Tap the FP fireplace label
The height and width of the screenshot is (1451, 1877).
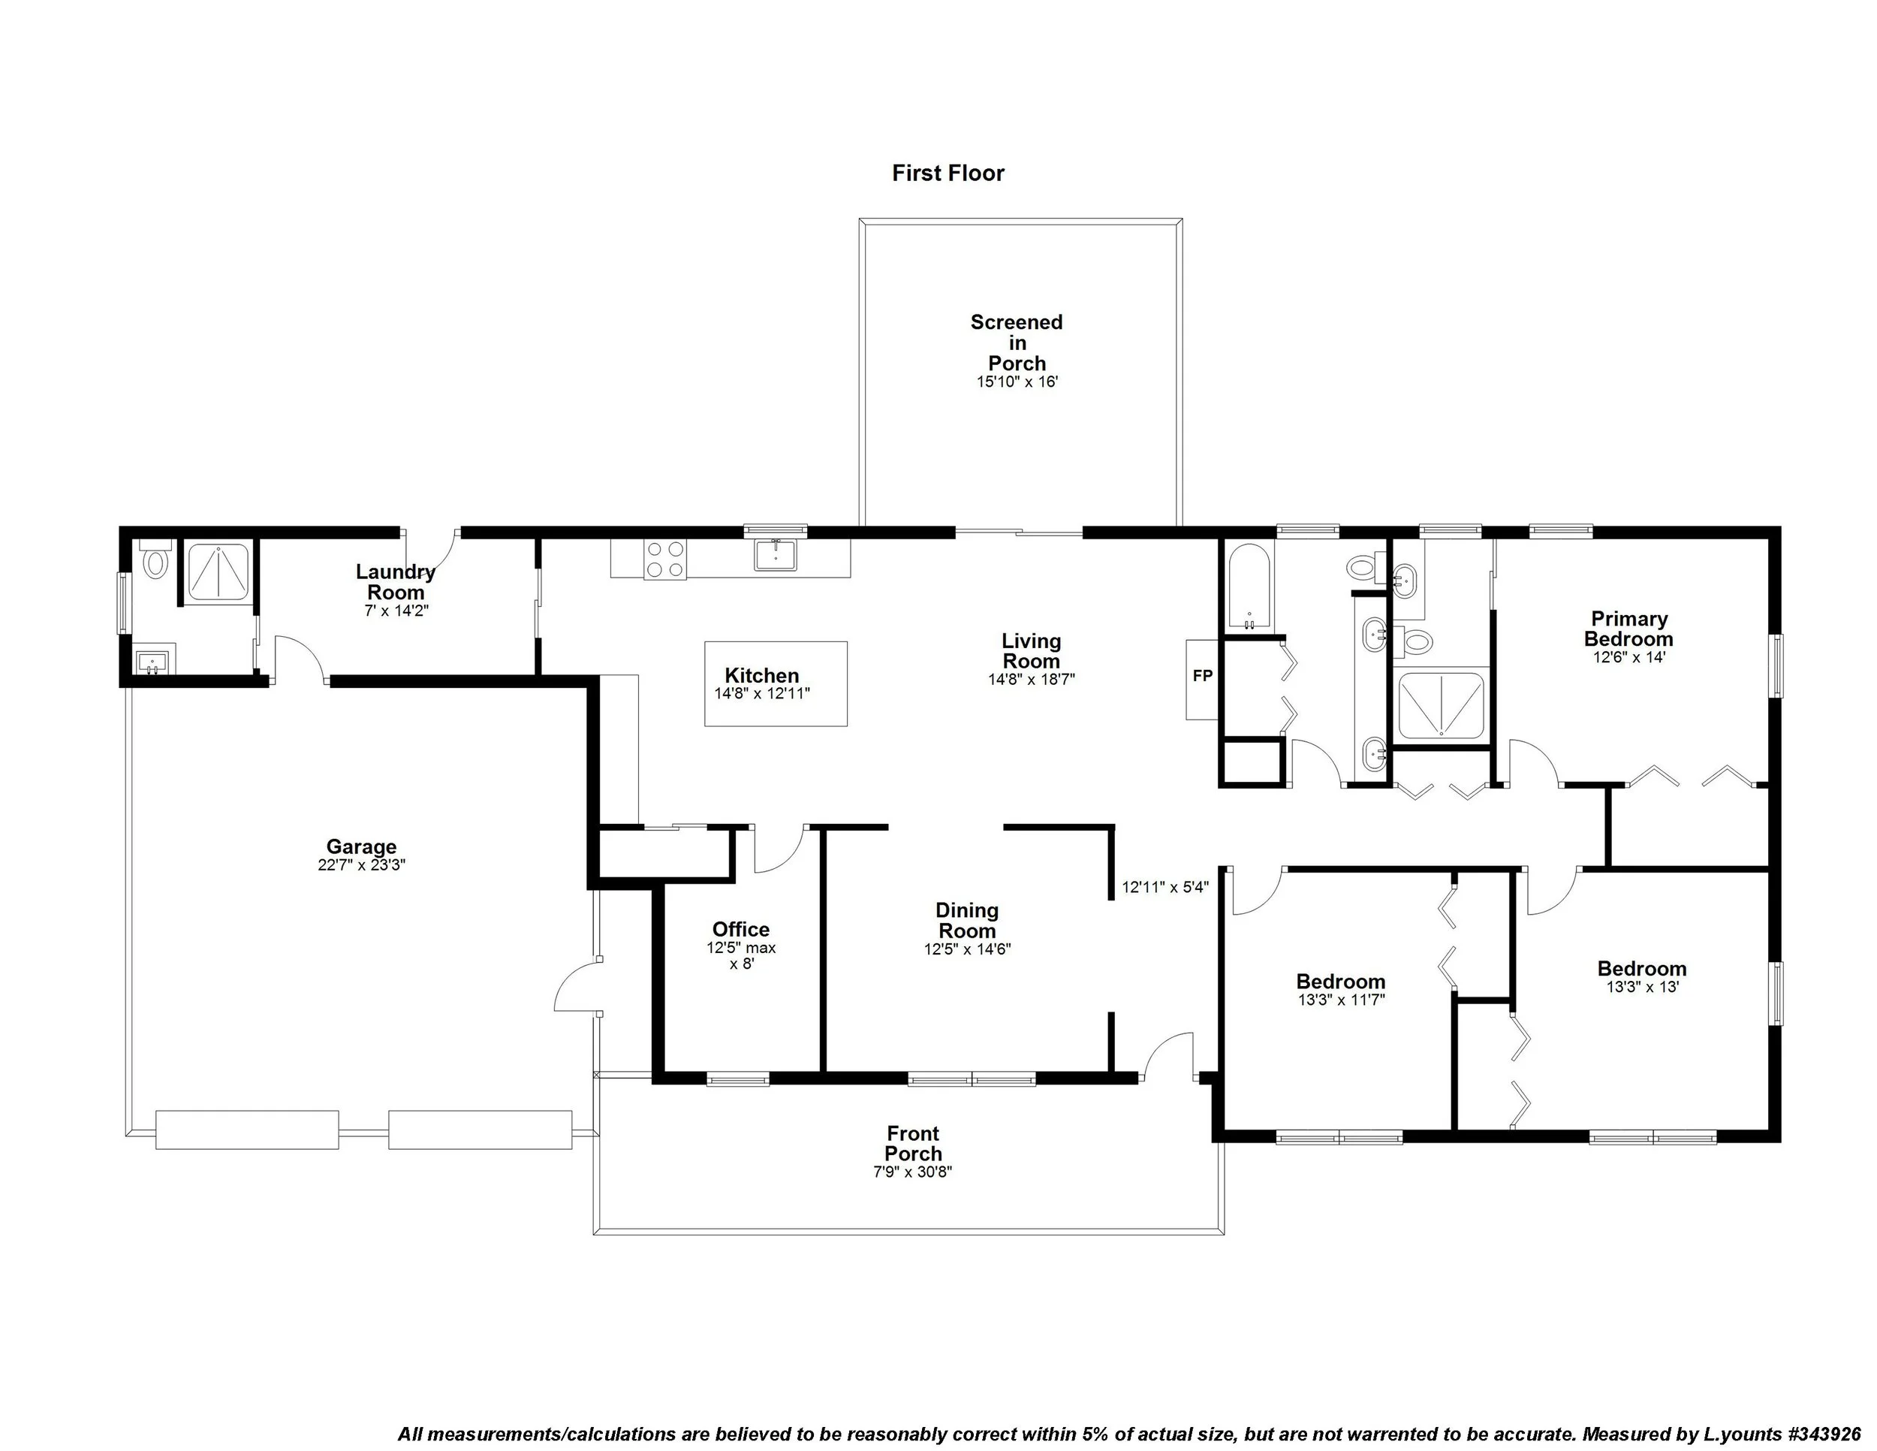click(x=1202, y=677)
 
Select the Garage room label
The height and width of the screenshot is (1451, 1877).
click(x=361, y=846)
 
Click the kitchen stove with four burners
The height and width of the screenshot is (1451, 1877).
click(x=665, y=559)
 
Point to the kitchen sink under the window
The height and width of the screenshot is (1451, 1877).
click(x=776, y=554)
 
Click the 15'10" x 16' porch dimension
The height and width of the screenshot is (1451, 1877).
click(x=1017, y=382)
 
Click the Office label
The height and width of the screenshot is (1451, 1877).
click(x=741, y=929)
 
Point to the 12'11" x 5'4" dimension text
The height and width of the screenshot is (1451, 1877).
click(x=1165, y=887)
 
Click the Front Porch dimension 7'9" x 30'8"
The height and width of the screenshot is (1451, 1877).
click(x=913, y=1172)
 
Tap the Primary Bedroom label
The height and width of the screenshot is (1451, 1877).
click(x=1628, y=629)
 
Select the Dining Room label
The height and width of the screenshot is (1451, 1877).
click(x=967, y=920)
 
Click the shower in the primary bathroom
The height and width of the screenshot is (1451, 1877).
click(x=1440, y=707)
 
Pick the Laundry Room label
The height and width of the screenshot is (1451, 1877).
click(x=396, y=582)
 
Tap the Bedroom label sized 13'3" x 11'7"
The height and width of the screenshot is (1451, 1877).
click(x=1340, y=981)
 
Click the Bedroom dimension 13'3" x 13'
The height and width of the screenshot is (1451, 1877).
click(x=1641, y=987)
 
